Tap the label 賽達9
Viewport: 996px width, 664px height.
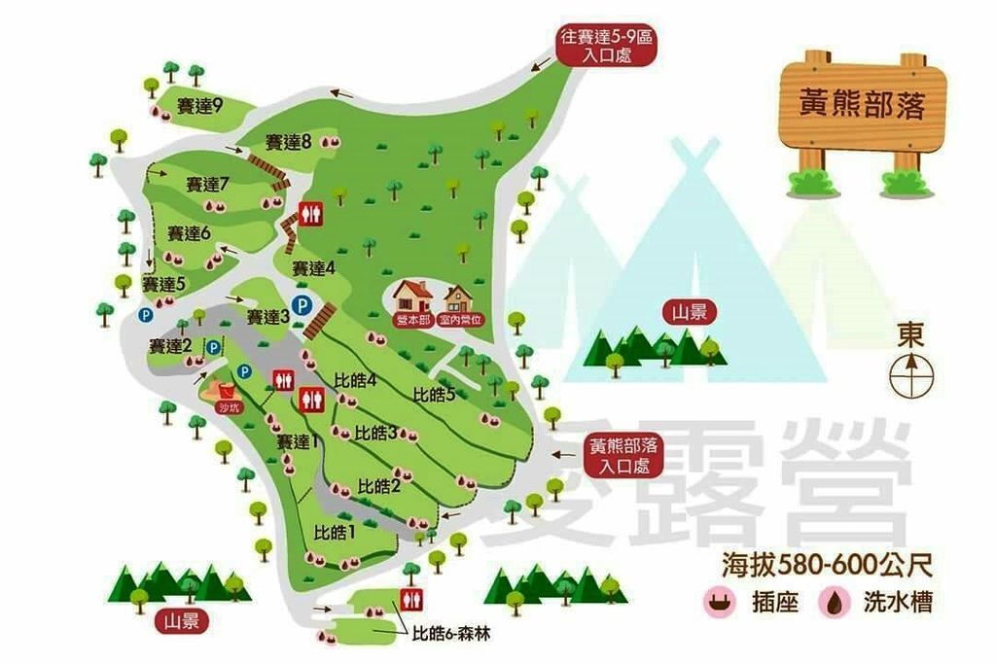pyautogui.click(x=199, y=106)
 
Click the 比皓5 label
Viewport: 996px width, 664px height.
pyautogui.click(x=434, y=394)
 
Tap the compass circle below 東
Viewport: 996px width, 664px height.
pyautogui.click(x=912, y=372)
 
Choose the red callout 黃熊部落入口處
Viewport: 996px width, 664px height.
pyautogui.click(x=622, y=456)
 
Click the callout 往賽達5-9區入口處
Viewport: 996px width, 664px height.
pyautogui.click(x=605, y=47)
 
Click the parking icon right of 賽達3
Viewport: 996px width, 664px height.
pyautogui.click(x=302, y=305)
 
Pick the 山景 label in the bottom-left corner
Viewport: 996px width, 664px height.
pyautogui.click(x=182, y=620)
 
